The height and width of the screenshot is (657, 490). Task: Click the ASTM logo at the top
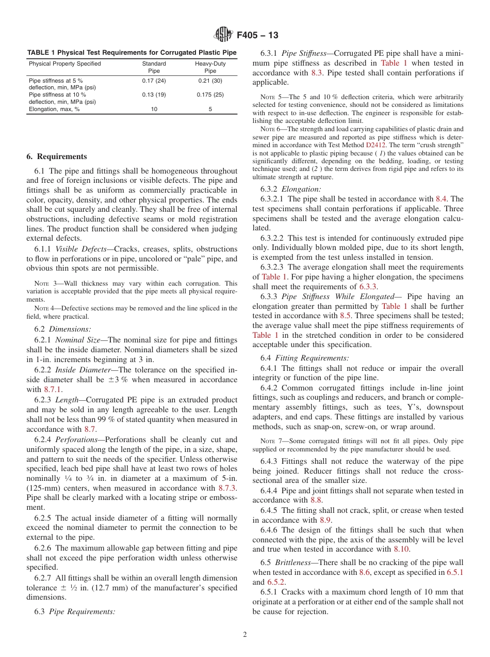[x=224, y=35]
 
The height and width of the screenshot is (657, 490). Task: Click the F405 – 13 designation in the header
[x=258, y=35]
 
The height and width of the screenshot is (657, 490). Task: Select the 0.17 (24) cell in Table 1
[x=154, y=81]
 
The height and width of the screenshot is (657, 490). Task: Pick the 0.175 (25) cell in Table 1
[x=210, y=95]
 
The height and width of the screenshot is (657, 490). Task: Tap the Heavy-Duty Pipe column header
[x=210, y=67]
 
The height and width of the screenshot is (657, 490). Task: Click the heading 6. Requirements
[x=57, y=157]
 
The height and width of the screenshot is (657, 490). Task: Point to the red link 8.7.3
[x=227, y=488]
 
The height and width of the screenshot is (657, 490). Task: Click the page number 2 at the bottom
[x=245, y=635]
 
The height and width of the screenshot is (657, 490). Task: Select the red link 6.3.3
[x=368, y=287]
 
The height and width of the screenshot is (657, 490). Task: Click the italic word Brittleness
[x=295, y=562]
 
